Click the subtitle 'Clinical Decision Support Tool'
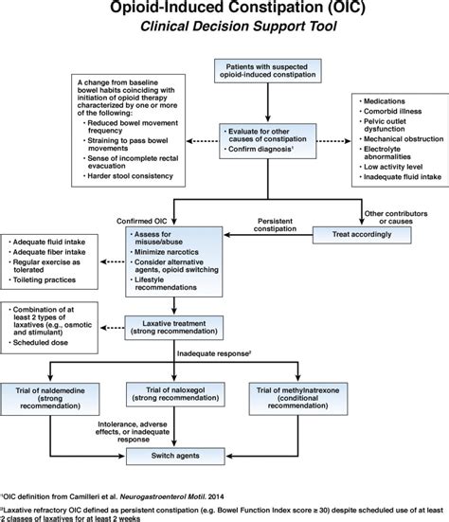pos(224,28)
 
